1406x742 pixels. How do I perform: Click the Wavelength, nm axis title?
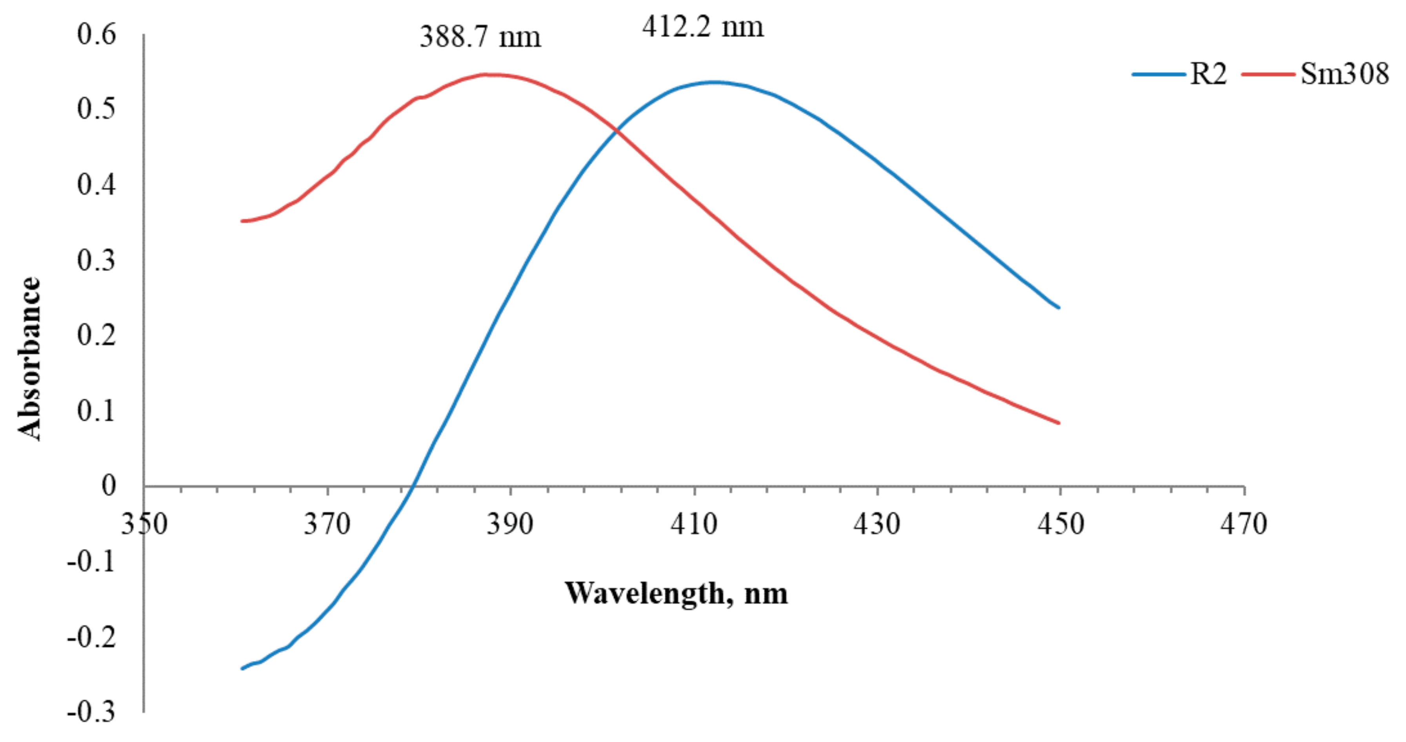pyautogui.click(x=676, y=593)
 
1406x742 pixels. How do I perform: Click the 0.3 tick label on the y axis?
pyautogui.click(x=96, y=260)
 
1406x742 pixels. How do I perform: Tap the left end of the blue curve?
pyautogui.click(x=242, y=668)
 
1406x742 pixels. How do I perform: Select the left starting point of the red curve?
pyautogui.click(x=242, y=221)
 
